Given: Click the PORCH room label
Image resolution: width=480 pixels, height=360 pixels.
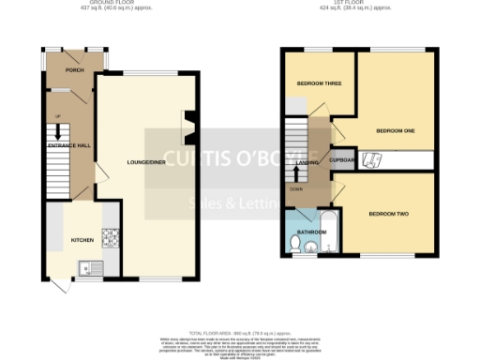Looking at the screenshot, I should click(75, 70).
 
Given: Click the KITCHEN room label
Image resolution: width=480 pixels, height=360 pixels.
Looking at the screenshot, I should click(82, 240).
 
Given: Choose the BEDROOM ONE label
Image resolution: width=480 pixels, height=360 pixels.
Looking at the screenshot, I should click(395, 130).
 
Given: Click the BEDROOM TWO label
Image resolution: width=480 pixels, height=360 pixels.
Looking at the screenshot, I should click(388, 215).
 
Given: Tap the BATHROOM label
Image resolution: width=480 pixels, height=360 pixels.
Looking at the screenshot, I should click(311, 231).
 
